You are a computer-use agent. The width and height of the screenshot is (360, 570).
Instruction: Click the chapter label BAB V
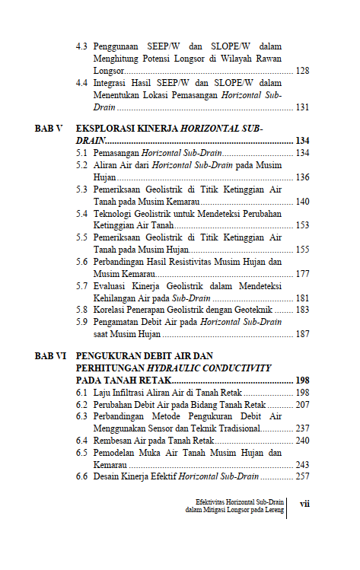point(48,129)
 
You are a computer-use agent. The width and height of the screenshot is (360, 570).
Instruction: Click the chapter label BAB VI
point(50,355)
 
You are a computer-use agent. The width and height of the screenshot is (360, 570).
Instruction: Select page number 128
point(301,70)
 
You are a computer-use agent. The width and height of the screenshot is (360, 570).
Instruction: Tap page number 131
point(301,107)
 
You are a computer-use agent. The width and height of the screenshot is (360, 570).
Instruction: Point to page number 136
point(301,177)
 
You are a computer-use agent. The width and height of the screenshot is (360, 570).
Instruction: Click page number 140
point(301,202)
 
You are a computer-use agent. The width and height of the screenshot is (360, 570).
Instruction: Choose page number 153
point(301,225)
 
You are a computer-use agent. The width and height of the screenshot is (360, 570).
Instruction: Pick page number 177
point(301,274)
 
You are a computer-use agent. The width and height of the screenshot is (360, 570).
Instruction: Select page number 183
point(301,310)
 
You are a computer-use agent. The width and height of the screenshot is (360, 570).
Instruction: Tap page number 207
point(301,404)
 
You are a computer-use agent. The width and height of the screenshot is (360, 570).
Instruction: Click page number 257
point(301,476)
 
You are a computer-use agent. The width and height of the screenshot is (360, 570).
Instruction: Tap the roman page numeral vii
point(304,503)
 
